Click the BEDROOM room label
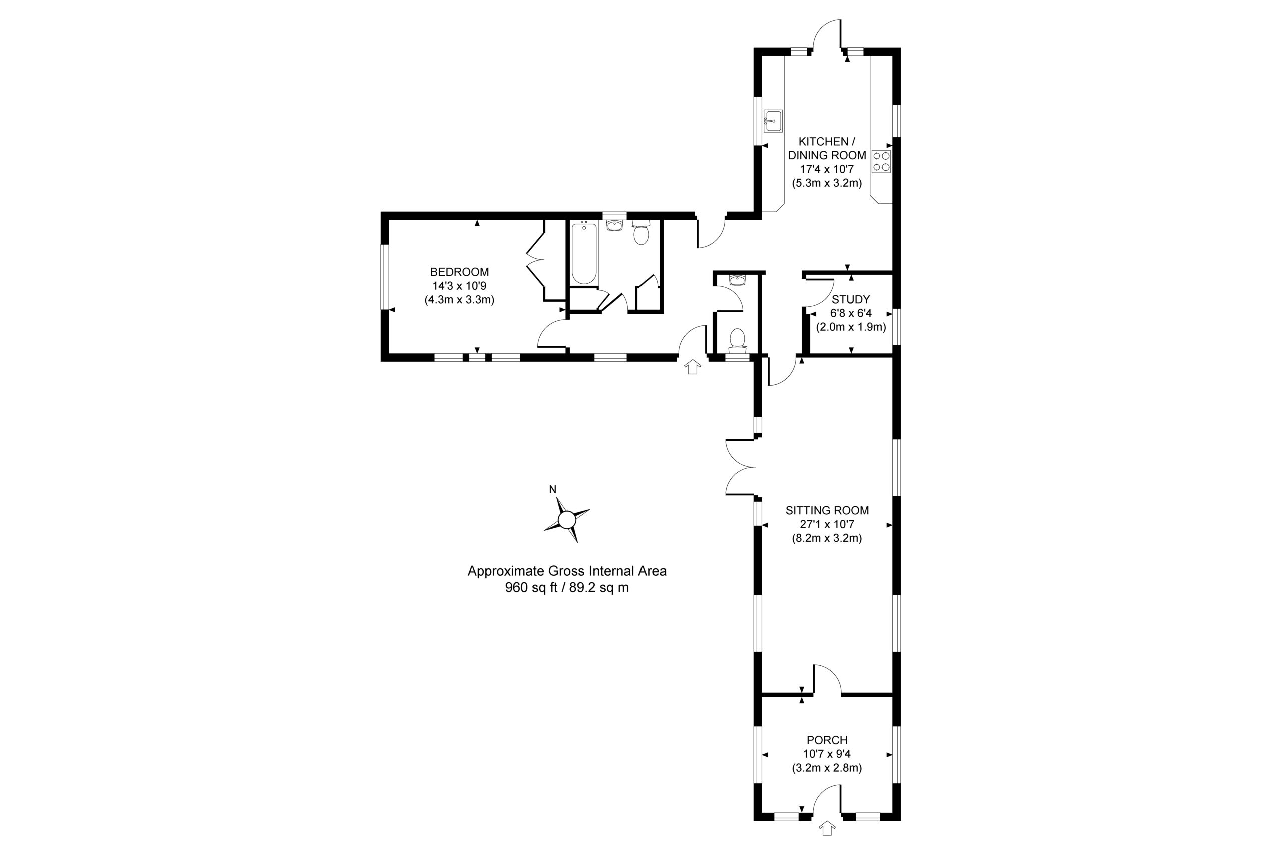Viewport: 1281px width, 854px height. click(x=459, y=272)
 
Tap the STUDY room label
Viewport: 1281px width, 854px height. click(x=850, y=299)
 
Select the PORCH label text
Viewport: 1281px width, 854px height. click(x=827, y=740)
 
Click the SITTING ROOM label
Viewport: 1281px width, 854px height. click(x=827, y=510)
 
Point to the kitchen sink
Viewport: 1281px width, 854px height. click(x=772, y=121)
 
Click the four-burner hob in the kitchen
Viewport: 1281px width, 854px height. click(x=881, y=161)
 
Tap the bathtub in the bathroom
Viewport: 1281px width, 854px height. click(x=584, y=253)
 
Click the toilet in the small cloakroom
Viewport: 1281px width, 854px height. click(x=737, y=340)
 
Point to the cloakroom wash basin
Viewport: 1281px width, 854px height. click(x=737, y=280)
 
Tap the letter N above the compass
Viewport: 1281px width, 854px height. click(x=553, y=489)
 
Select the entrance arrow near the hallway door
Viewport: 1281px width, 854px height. click(x=693, y=367)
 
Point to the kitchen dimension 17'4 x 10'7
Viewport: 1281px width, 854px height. click(x=827, y=169)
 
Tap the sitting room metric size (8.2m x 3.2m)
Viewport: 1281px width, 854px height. click(x=827, y=539)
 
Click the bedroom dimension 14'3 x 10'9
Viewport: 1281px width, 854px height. click(x=459, y=285)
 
